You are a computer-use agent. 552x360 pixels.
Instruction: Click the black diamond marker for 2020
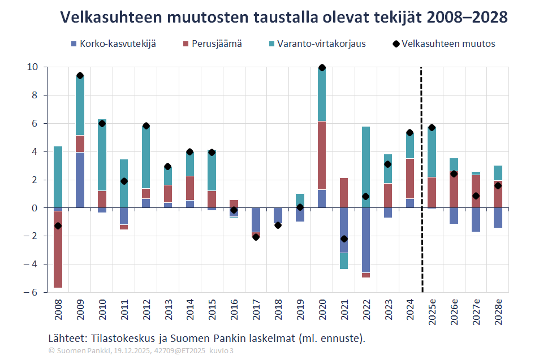coord(322,68)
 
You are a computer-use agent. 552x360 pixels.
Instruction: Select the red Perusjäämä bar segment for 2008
coord(58,249)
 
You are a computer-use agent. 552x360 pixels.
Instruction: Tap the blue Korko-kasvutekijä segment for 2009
coord(80,180)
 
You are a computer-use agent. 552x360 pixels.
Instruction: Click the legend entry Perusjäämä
coord(212,44)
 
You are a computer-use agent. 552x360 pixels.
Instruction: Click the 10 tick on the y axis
coord(32,67)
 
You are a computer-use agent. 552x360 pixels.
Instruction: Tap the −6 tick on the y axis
coord(32,292)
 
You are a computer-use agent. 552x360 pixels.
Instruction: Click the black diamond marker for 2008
coord(58,226)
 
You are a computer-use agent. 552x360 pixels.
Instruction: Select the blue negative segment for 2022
coord(366,240)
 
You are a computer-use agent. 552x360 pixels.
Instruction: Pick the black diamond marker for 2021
coord(344,239)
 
